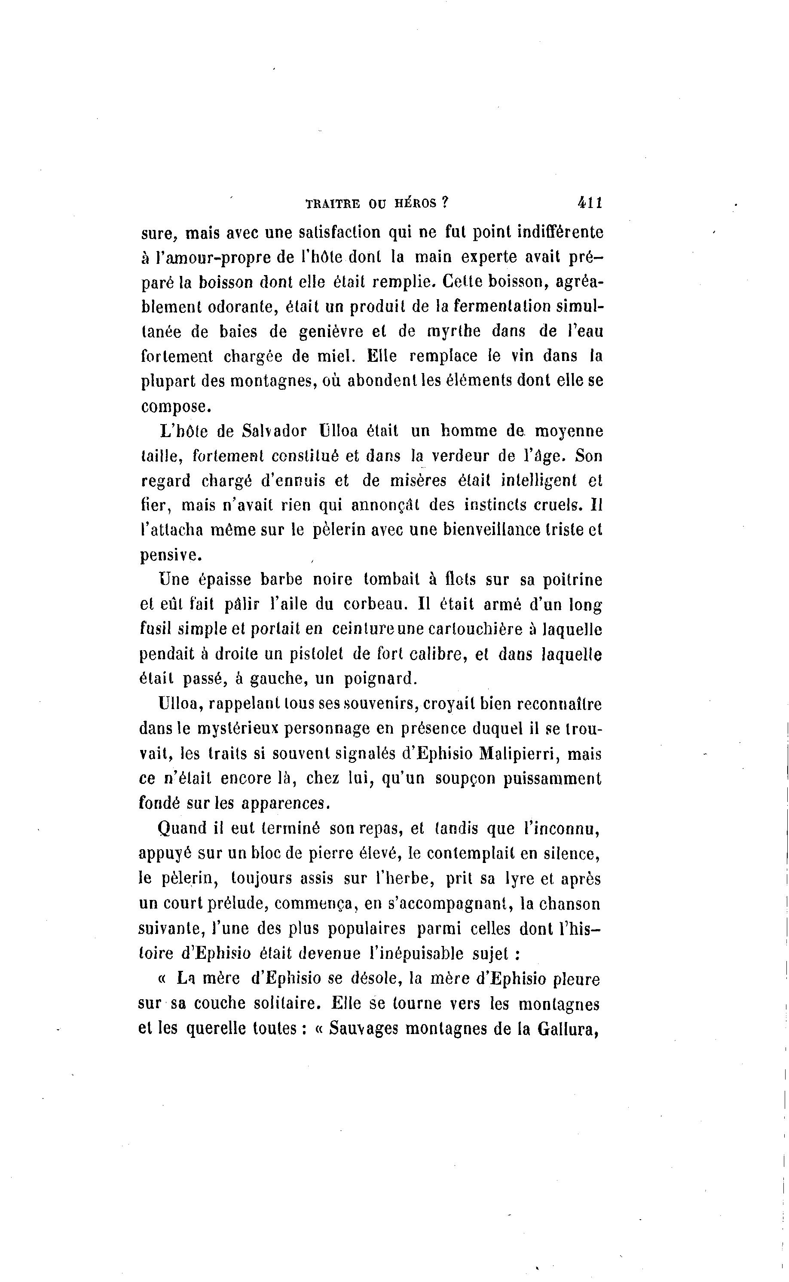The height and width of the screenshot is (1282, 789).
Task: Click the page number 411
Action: point(590,202)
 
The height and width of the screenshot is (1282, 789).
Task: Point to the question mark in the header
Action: point(445,202)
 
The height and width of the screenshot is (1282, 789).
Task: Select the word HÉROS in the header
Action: point(414,203)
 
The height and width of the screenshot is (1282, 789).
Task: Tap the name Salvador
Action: point(275,431)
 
